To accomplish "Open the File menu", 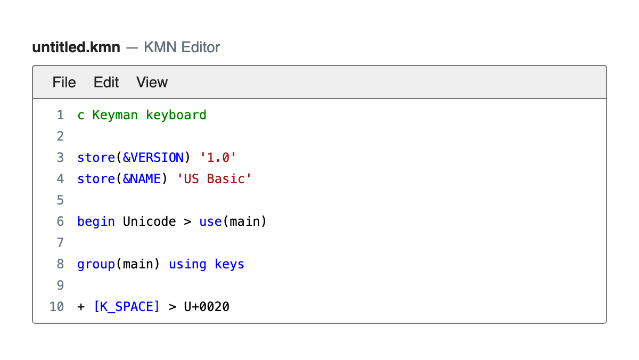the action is pos(64,82).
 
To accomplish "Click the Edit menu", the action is pos(106,82).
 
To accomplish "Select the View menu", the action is pos(152,82).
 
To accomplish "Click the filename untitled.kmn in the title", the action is pos(76,47).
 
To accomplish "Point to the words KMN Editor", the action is pos(182,47).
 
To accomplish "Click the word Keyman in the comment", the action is pos(115,115).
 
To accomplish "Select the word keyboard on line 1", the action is pos(176,115).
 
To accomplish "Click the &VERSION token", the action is pos(153,158).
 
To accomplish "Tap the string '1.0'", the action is pos(218,158).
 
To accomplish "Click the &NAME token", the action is pos(142,179).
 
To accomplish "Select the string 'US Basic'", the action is pos(214,179).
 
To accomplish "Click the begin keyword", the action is pos(96,222).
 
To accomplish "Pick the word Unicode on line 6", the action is pos(149,222).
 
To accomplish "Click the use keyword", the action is pos(210,222).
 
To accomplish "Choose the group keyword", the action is pos(96,265).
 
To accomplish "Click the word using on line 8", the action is pos(187,265).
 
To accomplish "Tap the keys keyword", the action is pos(230,265).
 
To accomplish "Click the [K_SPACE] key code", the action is pos(126,307).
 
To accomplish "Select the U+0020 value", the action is pos(207,307).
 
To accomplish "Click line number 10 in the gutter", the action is pos(56,307).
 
